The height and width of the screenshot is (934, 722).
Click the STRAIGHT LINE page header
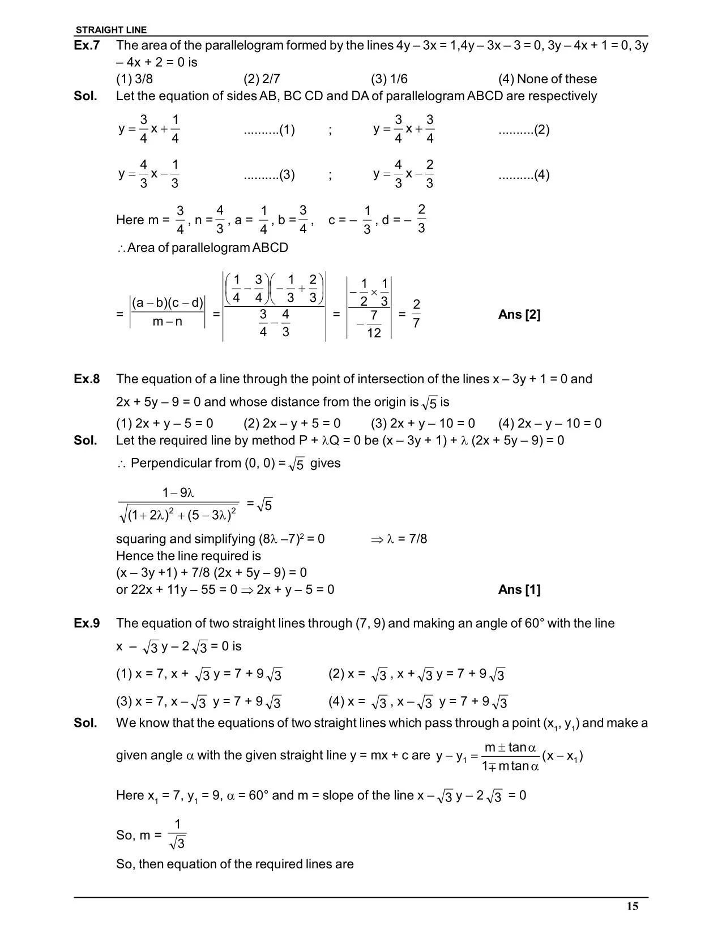[x=111, y=30]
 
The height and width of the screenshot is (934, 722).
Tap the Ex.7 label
[x=87, y=45]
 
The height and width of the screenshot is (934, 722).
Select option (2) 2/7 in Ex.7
[x=262, y=79]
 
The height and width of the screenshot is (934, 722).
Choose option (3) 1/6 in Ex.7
[x=389, y=79]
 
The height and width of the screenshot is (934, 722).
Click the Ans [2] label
[x=519, y=315]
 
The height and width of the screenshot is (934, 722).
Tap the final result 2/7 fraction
[x=416, y=314]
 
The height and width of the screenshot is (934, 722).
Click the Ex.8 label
[x=87, y=379]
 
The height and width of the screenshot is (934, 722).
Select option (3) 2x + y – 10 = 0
[x=423, y=423]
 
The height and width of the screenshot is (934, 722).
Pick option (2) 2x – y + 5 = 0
[x=292, y=423]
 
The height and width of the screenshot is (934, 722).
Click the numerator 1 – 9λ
[x=178, y=492]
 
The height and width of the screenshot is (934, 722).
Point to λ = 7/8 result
[x=407, y=539]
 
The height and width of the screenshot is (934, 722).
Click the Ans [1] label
[x=519, y=590]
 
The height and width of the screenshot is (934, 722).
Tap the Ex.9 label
[x=87, y=623]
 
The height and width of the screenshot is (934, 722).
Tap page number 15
[x=633, y=906]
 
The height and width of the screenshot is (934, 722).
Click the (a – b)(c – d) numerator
[x=168, y=303]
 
